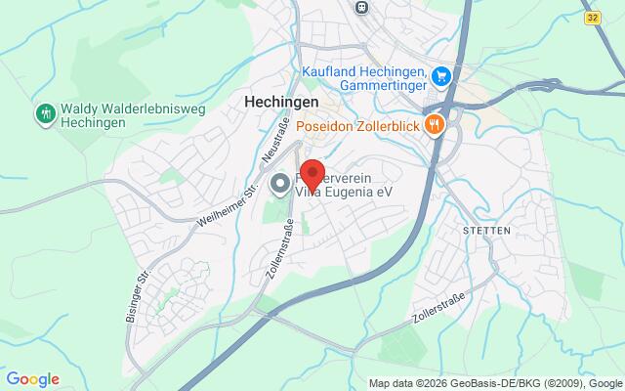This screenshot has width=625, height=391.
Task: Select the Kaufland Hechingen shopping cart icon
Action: [441, 74]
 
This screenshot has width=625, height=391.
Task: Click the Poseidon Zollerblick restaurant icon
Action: [436, 124]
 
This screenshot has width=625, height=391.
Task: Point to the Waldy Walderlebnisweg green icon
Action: [44, 114]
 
